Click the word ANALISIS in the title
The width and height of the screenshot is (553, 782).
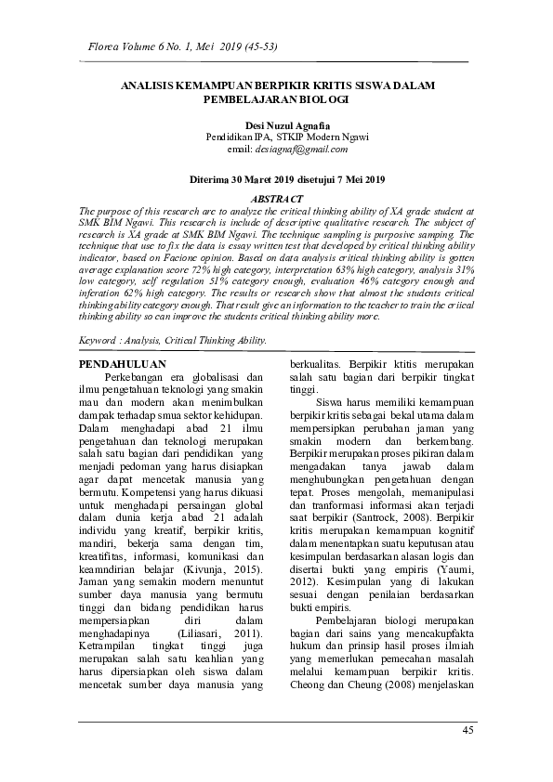coord(150,85)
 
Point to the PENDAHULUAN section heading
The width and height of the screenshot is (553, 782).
coord(123,365)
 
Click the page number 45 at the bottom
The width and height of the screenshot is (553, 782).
coord(467,730)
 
